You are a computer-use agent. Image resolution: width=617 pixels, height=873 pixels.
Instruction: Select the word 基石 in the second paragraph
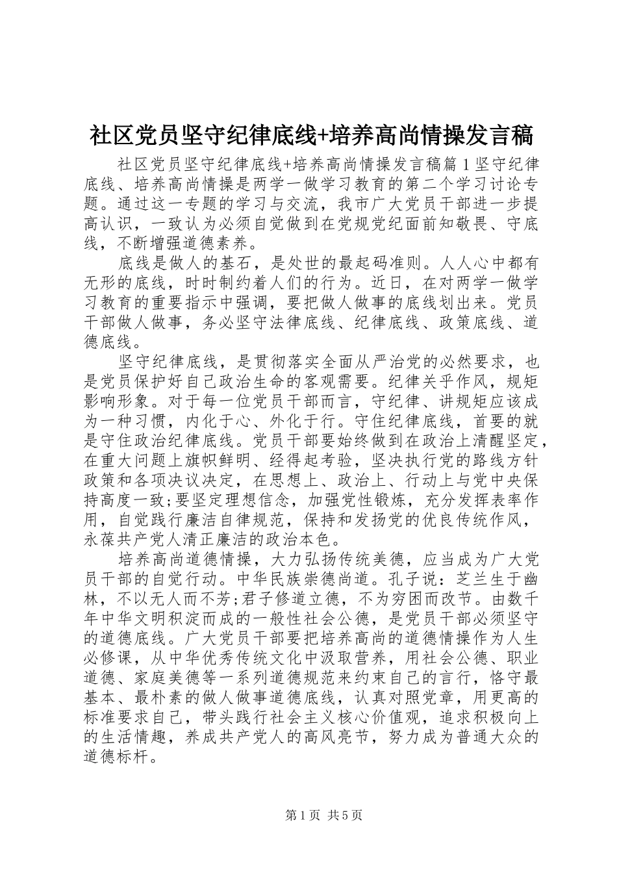[x=246, y=264]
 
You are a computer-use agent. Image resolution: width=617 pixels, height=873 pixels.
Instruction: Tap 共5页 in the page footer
[x=345, y=815]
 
